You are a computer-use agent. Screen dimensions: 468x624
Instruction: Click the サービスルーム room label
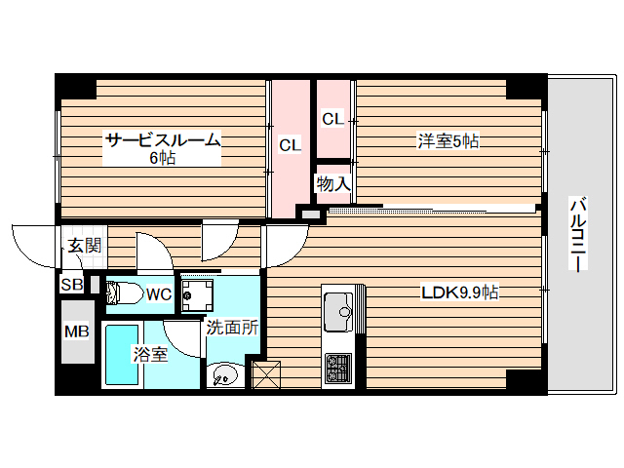click(164, 140)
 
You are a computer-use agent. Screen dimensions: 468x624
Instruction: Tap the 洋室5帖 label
click(448, 141)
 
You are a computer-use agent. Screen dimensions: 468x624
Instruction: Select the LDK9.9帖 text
click(460, 292)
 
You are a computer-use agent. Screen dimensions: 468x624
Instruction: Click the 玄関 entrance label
click(84, 246)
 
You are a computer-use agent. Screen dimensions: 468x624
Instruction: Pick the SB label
click(72, 285)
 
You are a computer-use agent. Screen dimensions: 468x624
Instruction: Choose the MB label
click(75, 331)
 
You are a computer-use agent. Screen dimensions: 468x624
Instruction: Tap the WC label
click(159, 292)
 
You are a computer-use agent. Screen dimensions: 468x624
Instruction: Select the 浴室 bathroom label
click(150, 354)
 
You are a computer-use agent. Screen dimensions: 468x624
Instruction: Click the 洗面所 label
click(232, 329)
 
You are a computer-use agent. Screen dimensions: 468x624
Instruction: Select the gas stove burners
click(338, 368)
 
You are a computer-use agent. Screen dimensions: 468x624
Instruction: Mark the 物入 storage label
click(332, 182)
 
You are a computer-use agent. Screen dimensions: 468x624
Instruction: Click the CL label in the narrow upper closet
click(332, 119)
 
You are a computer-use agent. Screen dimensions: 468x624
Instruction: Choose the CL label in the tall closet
click(290, 145)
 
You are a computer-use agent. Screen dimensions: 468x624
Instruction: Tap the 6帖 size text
click(163, 158)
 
